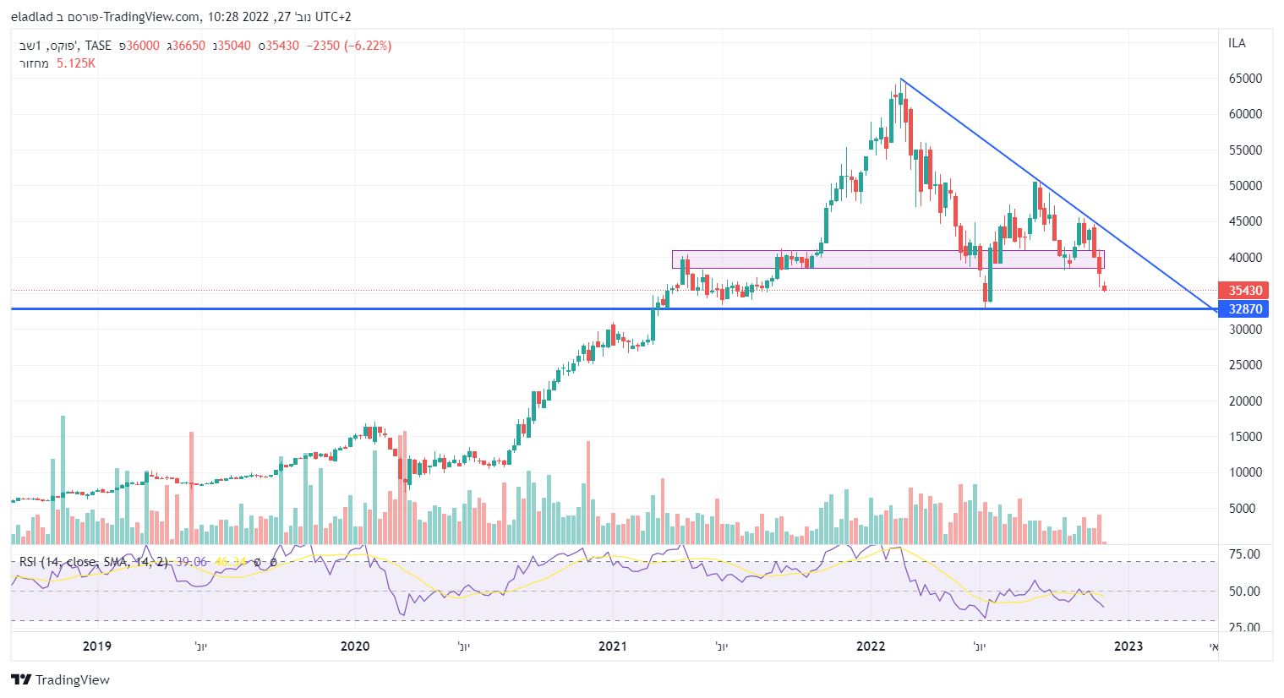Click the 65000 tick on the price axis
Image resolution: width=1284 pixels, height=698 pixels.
(1245, 79)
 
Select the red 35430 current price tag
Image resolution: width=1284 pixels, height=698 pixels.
(1245, 291)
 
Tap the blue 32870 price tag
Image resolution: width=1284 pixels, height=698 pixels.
(1245, 309)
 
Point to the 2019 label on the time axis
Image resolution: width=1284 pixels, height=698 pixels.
(97, 646)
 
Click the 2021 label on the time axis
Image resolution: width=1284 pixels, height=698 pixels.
(613, 646)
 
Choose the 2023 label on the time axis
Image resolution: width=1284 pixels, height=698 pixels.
(1128, 646)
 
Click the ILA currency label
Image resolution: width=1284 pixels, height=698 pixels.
(1237, 43)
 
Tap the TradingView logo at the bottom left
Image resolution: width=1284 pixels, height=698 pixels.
(60, 680)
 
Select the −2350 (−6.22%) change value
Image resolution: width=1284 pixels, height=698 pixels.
(348, 46)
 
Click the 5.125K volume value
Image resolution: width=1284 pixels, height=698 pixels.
(75, 63)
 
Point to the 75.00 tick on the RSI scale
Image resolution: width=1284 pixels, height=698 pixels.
(1244, 554)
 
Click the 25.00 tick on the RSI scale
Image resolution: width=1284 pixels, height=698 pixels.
(1244, 628)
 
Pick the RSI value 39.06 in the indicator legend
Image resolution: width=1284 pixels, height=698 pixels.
(191, 562)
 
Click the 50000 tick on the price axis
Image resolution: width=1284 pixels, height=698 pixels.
(1245, 186)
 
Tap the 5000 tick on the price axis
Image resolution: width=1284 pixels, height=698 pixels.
(1248, 509)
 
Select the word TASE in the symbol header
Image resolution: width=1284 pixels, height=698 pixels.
(98, 46)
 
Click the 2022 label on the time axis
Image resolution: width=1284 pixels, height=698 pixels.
(871, 646)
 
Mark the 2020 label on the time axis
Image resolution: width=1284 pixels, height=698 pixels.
(355, 646)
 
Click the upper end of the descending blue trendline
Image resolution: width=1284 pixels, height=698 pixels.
(901, 79)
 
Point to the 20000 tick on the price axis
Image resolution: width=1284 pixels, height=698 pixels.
(1245, 401)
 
